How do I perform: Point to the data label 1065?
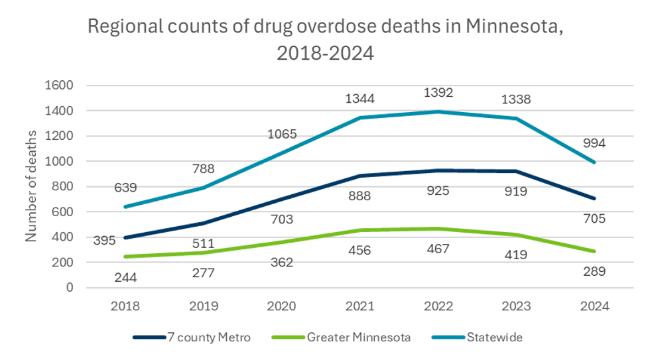pos(282,135)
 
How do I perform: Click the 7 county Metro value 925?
pos(438,192)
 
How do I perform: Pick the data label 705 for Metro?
pos(594,218)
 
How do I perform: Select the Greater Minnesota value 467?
pos(438,249)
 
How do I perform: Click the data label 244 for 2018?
pos(125,278)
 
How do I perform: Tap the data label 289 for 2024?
pos(594,271)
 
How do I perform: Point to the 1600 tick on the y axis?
pos(59,86)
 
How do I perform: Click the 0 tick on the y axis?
pos(68,288)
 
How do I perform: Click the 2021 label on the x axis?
pos(359,307)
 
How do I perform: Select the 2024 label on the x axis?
pos(594,307)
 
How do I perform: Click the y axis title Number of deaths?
pos(31,186)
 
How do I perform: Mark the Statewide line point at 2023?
pos(516,119)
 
